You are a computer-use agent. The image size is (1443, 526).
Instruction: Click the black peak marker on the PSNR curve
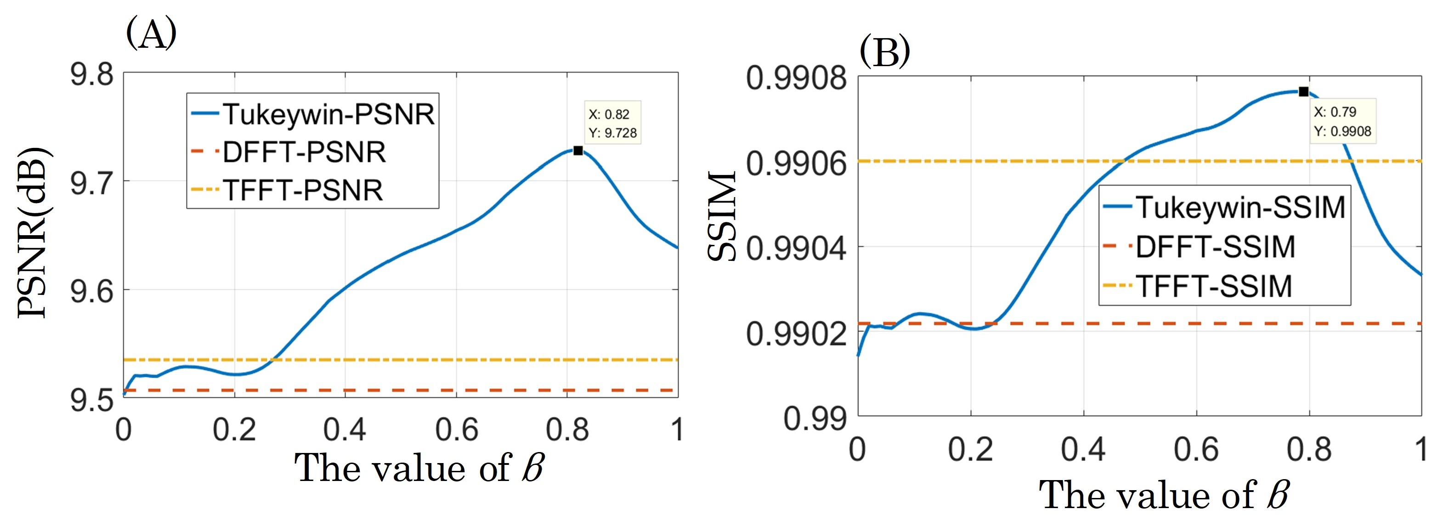[578, 151]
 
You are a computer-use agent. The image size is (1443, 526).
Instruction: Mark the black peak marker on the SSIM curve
[1303, 92]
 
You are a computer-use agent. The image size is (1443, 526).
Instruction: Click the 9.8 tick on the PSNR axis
[92, 74]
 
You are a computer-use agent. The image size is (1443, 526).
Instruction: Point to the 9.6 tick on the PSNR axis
[92, 291]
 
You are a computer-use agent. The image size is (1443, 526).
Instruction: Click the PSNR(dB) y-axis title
[33, 232]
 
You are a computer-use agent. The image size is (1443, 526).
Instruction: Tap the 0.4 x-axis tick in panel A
[345, 430]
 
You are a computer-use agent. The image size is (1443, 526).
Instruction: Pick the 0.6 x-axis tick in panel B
[1196, 449]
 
